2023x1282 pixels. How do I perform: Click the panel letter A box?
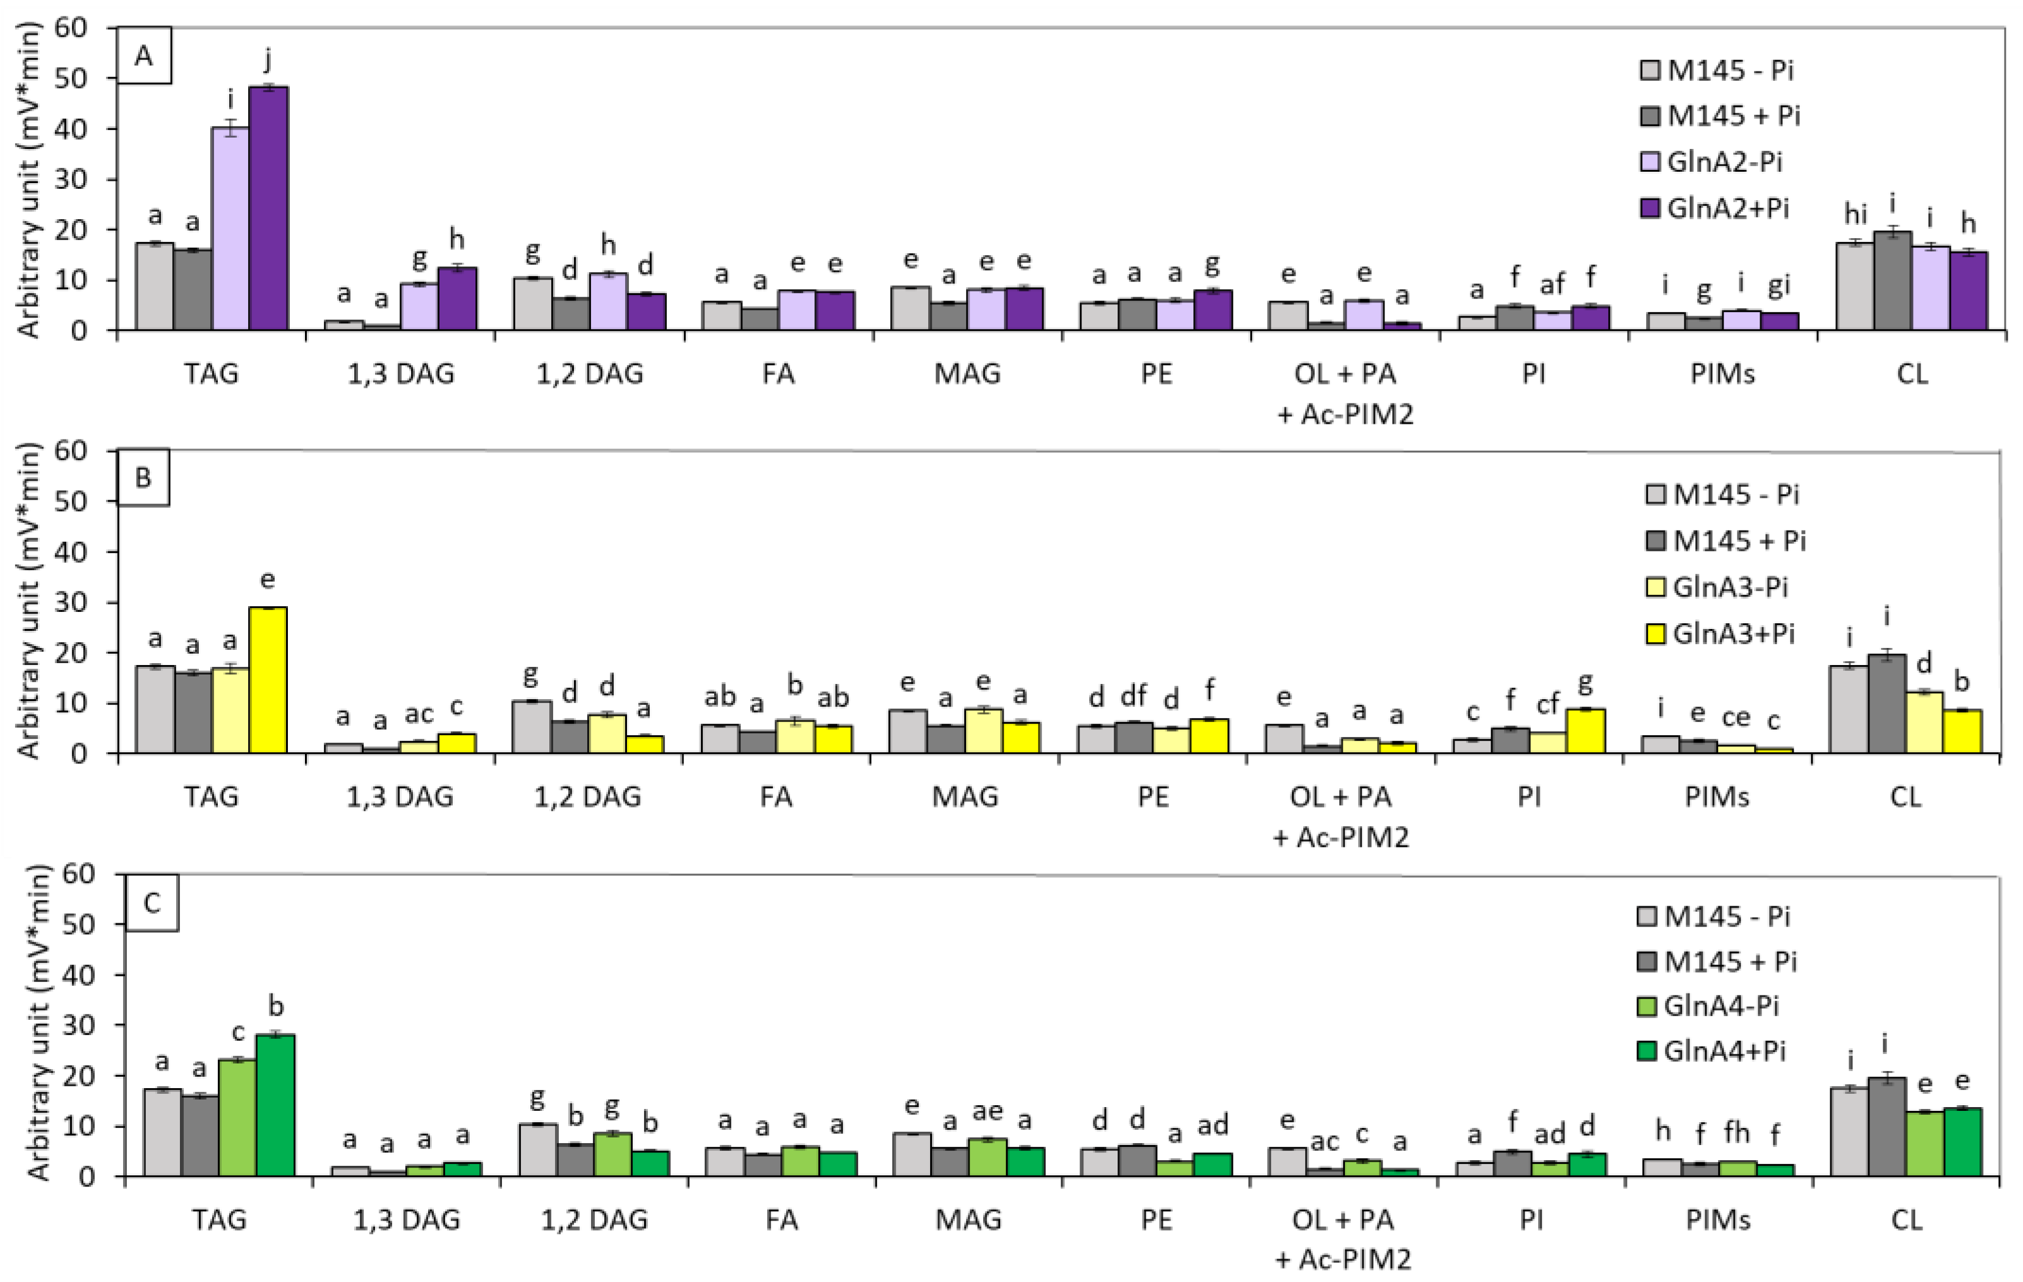[x=144, y=56]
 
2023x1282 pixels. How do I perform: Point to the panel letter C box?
[x=152, y=904]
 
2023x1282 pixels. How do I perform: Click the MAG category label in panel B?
[x=965, y=796]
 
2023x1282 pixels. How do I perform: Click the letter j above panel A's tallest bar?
[x=268, y=61]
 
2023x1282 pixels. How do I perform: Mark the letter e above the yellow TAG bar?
[x=268, y=580]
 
